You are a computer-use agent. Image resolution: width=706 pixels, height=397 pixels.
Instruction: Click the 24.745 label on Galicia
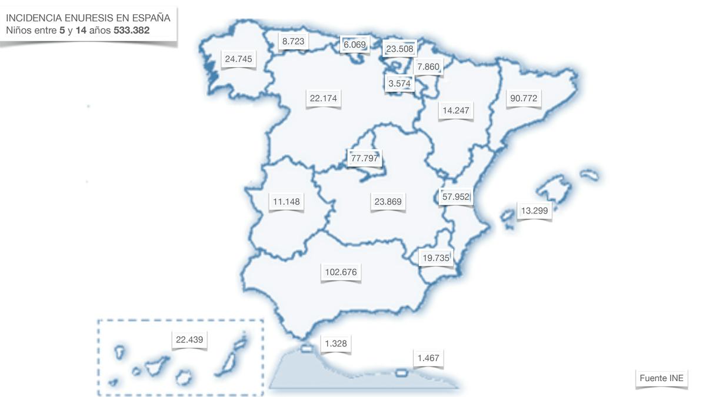(x=238, y=59)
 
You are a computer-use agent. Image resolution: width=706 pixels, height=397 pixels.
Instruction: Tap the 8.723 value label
(x=293, y=41)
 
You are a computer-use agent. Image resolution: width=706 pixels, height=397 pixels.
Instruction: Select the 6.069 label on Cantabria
(x=355, y=45)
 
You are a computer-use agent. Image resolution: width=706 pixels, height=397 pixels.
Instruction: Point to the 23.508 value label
(x=399, y=49)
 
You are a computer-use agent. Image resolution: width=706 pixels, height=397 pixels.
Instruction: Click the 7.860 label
(x=428, y=67)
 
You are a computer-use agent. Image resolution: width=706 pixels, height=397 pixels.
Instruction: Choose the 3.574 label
(x=399, y=84)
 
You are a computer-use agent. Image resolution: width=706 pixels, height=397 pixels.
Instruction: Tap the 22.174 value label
(x=324, y=98)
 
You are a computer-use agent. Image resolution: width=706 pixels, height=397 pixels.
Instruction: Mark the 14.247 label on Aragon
(x=456, y=110)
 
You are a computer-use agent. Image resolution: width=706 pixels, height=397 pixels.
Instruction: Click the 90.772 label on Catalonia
(x=524, y=98)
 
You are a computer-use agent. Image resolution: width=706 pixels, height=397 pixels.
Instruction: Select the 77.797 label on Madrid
(x=365, y=158)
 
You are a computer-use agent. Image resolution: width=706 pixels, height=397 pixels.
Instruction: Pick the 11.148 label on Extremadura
(x=287, y=202)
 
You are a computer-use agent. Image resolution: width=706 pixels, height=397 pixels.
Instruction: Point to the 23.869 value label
(x=388, y=202)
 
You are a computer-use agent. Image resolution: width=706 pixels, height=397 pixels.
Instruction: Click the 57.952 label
(x=456, y=196)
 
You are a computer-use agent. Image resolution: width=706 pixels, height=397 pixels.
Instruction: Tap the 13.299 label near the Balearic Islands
(x=534, y=211)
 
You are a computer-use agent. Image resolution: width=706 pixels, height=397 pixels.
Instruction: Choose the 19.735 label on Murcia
(x=436, y=258)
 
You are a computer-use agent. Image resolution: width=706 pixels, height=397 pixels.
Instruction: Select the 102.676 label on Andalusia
(x=341, y=272)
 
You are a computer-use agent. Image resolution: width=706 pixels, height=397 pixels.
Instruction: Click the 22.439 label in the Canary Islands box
(x=189, y=339)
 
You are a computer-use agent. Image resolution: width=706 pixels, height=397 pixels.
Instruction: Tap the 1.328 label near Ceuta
(x=335, y=343)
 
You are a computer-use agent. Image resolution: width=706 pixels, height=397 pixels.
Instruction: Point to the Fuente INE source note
(x=662, y=378)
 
